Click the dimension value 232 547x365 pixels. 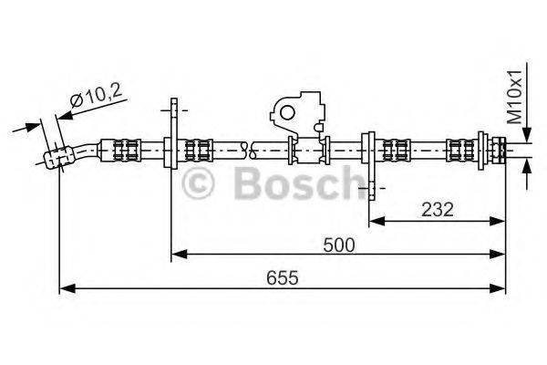click(x=439, y=208)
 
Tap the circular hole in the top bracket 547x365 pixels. click(x=290, y=113)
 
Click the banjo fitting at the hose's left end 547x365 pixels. click(x=57, y=157)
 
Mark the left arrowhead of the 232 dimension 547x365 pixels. click(x=374, y=220)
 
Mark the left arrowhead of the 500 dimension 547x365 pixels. click(x=178, y=253)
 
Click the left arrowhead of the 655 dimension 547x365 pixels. click(x=64, y=288)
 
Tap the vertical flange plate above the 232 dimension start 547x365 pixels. click(x=368, y=151)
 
